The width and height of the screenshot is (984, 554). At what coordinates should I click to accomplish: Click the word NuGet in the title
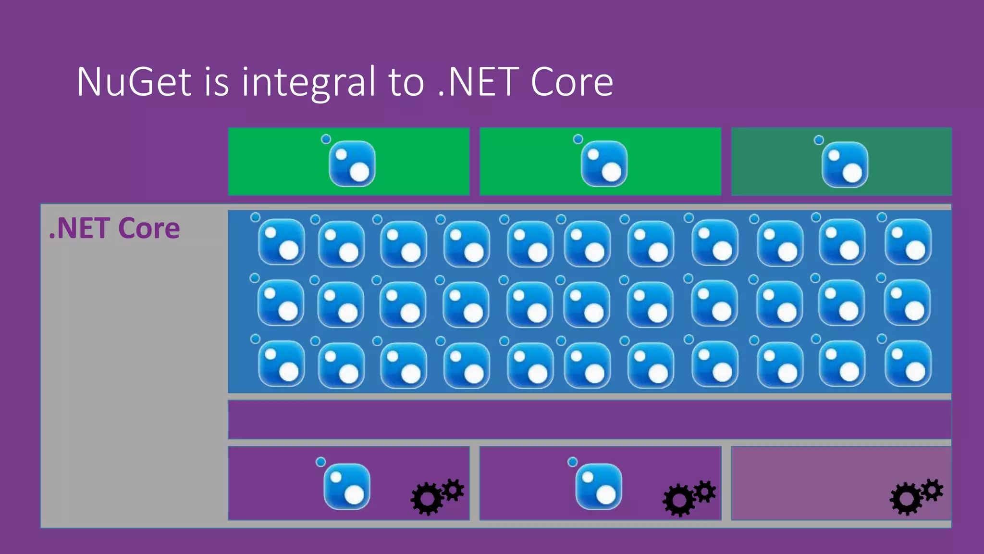134,82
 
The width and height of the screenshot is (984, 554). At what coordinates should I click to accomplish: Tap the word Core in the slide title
572,82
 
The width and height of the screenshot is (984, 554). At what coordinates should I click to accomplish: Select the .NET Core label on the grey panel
114,228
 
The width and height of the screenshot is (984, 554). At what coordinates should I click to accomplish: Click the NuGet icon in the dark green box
844,164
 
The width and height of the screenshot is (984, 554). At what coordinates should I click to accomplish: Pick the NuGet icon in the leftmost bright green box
351,163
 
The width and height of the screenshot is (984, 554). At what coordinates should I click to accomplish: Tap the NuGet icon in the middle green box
603,163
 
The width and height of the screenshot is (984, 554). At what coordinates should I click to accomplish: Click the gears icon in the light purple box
916,496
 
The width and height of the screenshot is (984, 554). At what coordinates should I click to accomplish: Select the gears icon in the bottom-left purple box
437,496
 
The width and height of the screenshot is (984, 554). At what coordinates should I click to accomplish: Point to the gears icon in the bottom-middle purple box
689,497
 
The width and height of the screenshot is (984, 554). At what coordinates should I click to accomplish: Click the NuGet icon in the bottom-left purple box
346,486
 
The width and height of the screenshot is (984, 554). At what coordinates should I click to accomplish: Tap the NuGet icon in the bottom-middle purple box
598,486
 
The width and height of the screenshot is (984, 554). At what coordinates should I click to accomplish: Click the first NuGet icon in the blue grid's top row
281,241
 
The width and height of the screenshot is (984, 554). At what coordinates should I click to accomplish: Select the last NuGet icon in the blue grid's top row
907,241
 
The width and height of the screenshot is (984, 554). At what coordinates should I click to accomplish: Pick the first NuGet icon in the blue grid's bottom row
281,363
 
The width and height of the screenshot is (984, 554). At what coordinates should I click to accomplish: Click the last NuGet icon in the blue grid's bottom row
907,363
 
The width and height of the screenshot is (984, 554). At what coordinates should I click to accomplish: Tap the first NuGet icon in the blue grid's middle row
280,302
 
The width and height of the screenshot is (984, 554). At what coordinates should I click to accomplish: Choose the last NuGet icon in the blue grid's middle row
907,302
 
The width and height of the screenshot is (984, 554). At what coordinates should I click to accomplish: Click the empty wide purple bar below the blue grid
589,419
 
